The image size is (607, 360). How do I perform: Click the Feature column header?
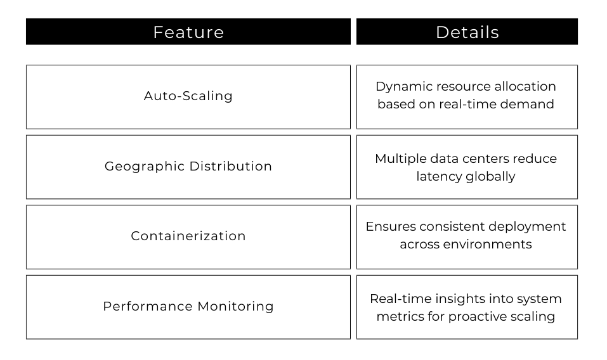click(188, 32)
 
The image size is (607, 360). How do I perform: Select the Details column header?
click(467, 32)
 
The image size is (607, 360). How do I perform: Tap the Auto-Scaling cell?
click(188, 97)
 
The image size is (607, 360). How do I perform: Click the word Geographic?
click(145, 167)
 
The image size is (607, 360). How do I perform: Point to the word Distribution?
click(231, 166)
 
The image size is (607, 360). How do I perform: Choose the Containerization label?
click(188, 236)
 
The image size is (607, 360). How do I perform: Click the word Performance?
click(148, 306)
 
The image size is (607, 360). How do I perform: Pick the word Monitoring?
click(236, 307)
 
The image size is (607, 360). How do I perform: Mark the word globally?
click(490, 176)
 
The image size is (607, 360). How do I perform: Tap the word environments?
click(487, 245)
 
